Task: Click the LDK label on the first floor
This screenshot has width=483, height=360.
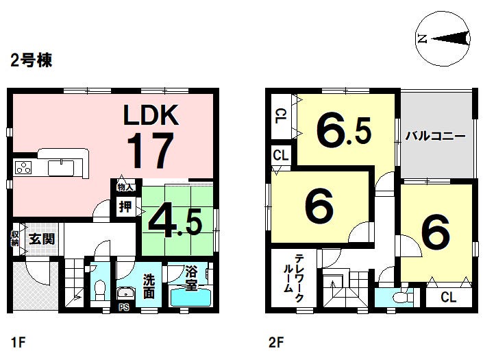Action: coord(151,115)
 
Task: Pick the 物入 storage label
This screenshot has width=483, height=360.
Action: coord(125,187)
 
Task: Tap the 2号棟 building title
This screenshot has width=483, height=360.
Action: coord(31,61)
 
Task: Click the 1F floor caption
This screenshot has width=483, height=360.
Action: coord(18,341)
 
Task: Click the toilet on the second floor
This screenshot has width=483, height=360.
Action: coord(398,298)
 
